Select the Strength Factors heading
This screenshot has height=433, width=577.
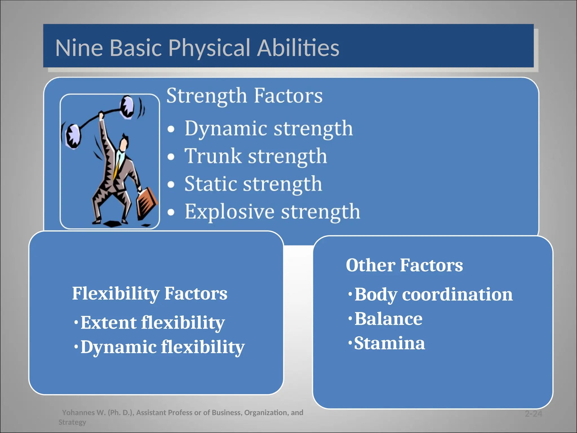244,96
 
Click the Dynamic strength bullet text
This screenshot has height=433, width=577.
268,129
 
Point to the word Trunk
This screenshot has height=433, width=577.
213,156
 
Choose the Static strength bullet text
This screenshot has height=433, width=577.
253,184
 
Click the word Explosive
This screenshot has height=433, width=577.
229,211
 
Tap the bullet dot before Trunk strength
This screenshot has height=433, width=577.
171,157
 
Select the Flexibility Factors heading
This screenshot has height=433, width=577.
149,293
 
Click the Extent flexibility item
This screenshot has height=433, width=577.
152,322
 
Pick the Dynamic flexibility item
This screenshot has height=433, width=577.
162,347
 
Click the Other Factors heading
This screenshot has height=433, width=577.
404,265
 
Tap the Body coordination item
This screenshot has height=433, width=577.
433,295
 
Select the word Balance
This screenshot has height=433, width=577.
388,319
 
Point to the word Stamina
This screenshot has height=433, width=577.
389,343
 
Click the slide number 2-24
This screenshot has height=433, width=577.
533,414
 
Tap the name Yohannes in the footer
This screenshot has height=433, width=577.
78,413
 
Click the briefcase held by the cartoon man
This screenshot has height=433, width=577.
147,202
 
